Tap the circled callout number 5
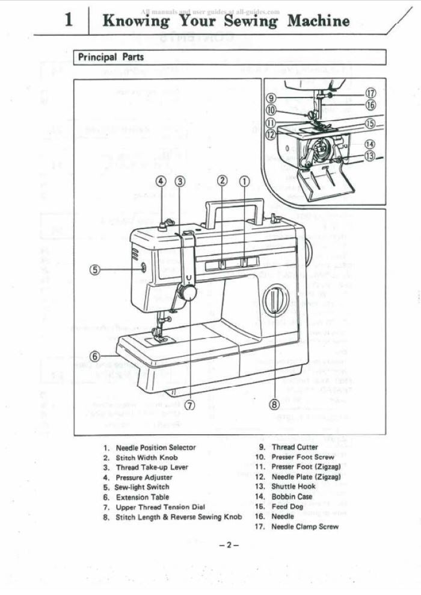point(95,269)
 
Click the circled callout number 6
point(95,356)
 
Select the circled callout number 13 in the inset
point(370,155)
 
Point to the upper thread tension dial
point(187,293)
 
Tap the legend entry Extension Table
point(142,497)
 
